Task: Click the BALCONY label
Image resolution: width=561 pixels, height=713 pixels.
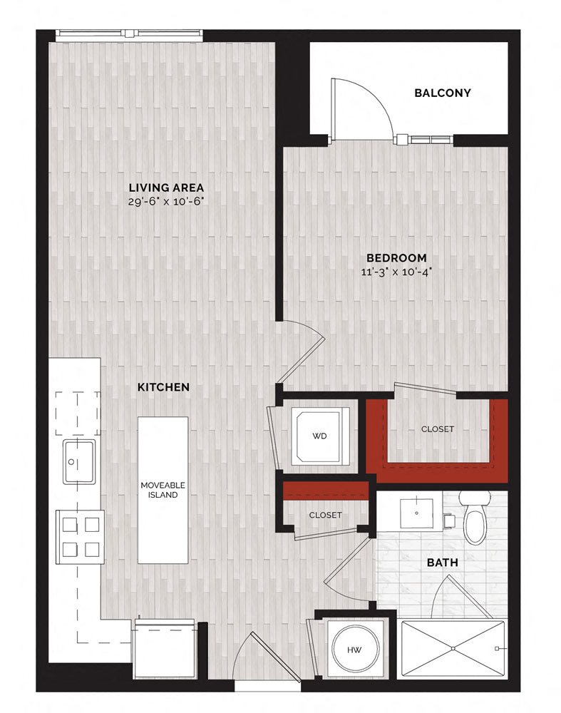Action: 443,93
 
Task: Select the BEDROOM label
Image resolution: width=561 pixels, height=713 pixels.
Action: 397,257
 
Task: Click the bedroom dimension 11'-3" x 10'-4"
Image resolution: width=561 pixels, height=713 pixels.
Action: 397,271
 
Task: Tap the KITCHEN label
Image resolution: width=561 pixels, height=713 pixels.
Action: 163,387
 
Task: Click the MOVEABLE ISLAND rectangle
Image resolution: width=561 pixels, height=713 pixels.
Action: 163,490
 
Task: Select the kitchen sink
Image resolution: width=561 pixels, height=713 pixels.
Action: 78,461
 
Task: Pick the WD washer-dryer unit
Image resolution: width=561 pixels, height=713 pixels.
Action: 319,436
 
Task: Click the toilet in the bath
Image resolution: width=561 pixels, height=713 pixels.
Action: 474,518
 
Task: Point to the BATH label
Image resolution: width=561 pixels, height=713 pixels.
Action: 442,563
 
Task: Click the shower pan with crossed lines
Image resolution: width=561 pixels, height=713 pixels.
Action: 453,648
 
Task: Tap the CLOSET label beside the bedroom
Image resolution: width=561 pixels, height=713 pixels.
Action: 437,429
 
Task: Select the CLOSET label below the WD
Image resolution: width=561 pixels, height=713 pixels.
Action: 325,515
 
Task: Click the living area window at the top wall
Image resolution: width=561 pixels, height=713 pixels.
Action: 129,33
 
